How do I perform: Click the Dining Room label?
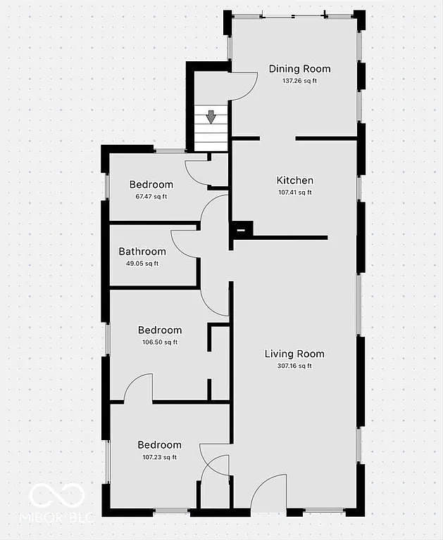(299, 69)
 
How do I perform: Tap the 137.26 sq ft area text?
(299, 81)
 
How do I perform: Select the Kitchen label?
(294, 181)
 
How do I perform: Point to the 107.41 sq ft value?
(294, 192)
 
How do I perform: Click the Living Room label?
(294, 354)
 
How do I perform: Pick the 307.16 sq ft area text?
(294, 366)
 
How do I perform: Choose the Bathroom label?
(142, 252)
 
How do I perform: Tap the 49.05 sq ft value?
(142, 264)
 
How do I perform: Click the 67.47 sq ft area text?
(151, 196)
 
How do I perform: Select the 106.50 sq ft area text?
(159, 342)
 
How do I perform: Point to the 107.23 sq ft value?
(159, 457)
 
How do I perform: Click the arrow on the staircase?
(211, 117)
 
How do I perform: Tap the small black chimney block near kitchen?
(241, 229)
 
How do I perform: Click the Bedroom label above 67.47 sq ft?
(151, 185)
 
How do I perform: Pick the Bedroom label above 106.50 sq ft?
(159, 330)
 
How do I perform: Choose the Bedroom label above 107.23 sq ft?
(159, 445)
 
